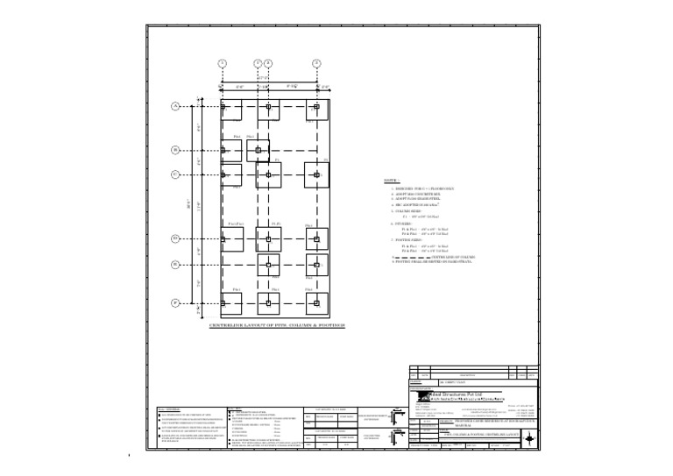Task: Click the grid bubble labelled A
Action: (175, 107)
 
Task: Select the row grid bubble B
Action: (175, 150)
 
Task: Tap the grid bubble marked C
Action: (175, 174)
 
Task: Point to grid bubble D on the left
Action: (175, 238)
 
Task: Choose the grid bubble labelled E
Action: (175, 263)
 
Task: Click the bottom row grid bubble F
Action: (175, 302)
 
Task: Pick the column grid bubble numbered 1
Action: (223, 63)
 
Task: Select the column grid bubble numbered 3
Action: (317, 63)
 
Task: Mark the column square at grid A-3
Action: (317, 107)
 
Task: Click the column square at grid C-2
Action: (268, 174)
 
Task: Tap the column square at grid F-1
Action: (223, 302)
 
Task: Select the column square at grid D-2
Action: (268, 238)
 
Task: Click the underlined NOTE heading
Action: (393, 181)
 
